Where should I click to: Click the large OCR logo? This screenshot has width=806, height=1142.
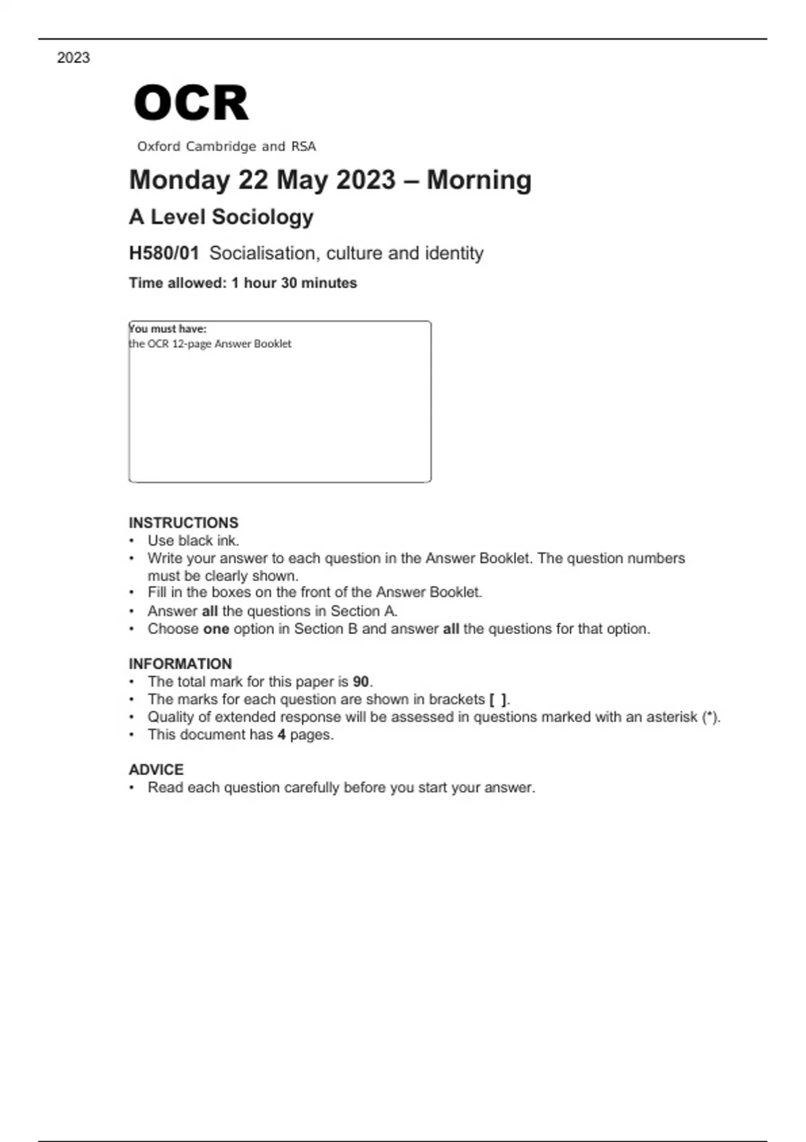pos(191,103)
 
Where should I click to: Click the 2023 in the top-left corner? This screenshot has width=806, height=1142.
pos(73,58)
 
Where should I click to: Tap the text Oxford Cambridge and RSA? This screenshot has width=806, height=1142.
pos(226,146)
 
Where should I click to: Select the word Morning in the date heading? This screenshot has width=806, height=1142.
pos(479,180)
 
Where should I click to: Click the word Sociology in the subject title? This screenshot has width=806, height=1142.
pos(263,217)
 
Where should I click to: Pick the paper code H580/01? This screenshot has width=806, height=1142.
pos(164,253)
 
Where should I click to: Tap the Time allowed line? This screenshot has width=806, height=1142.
pos(242,283)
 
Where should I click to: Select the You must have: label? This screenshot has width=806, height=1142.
pos(168,328)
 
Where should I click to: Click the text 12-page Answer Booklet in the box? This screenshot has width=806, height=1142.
pos(232,344)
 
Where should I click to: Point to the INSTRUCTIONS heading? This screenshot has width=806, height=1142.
pos(183,523)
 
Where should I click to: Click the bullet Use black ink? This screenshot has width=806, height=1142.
pos(193,541)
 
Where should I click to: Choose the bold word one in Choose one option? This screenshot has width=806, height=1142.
pos(216,629)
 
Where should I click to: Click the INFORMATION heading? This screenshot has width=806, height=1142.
pos(180,664)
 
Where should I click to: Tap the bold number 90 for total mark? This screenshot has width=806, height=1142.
pos(361,682)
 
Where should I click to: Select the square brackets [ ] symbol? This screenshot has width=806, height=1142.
pos(498,699)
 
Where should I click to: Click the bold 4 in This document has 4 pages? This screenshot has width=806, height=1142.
pos(281,735)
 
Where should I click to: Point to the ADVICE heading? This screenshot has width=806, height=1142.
pos(156,770)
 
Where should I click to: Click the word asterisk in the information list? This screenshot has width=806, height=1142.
pos(672,717)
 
